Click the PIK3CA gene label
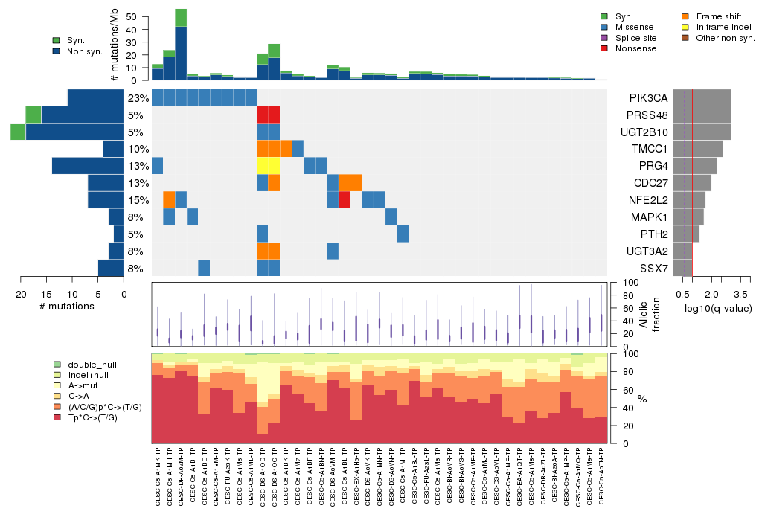point(647,98)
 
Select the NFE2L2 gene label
point(647,200)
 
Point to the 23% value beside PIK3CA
point(138,98)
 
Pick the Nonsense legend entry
point(635,48)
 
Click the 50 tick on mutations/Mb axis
point(132,16)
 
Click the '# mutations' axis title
point(67,306)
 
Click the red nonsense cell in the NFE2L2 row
point(345,200)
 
